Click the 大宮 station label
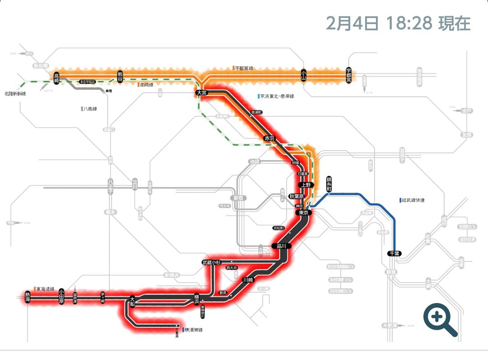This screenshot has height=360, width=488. click(x=201, y=92)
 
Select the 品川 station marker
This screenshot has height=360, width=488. click(x=279, y=246)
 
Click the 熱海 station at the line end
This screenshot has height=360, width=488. click(x=28, y=297)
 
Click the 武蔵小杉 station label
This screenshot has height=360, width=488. click(x=211, y=262)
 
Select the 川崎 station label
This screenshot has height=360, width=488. click(x=248, y=279)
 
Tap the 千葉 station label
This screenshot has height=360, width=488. click(x=394, y=254)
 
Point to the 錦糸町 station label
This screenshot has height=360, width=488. click(x=328, y=184)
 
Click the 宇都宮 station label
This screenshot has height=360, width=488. click(x=348, y=75)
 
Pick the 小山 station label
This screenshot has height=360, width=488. click(x=304, y=75)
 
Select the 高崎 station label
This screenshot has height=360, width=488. click(x=56, y=78)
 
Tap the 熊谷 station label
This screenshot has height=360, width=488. click(x=120, y=77)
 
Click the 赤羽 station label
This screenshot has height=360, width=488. click(x=269, y=138)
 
